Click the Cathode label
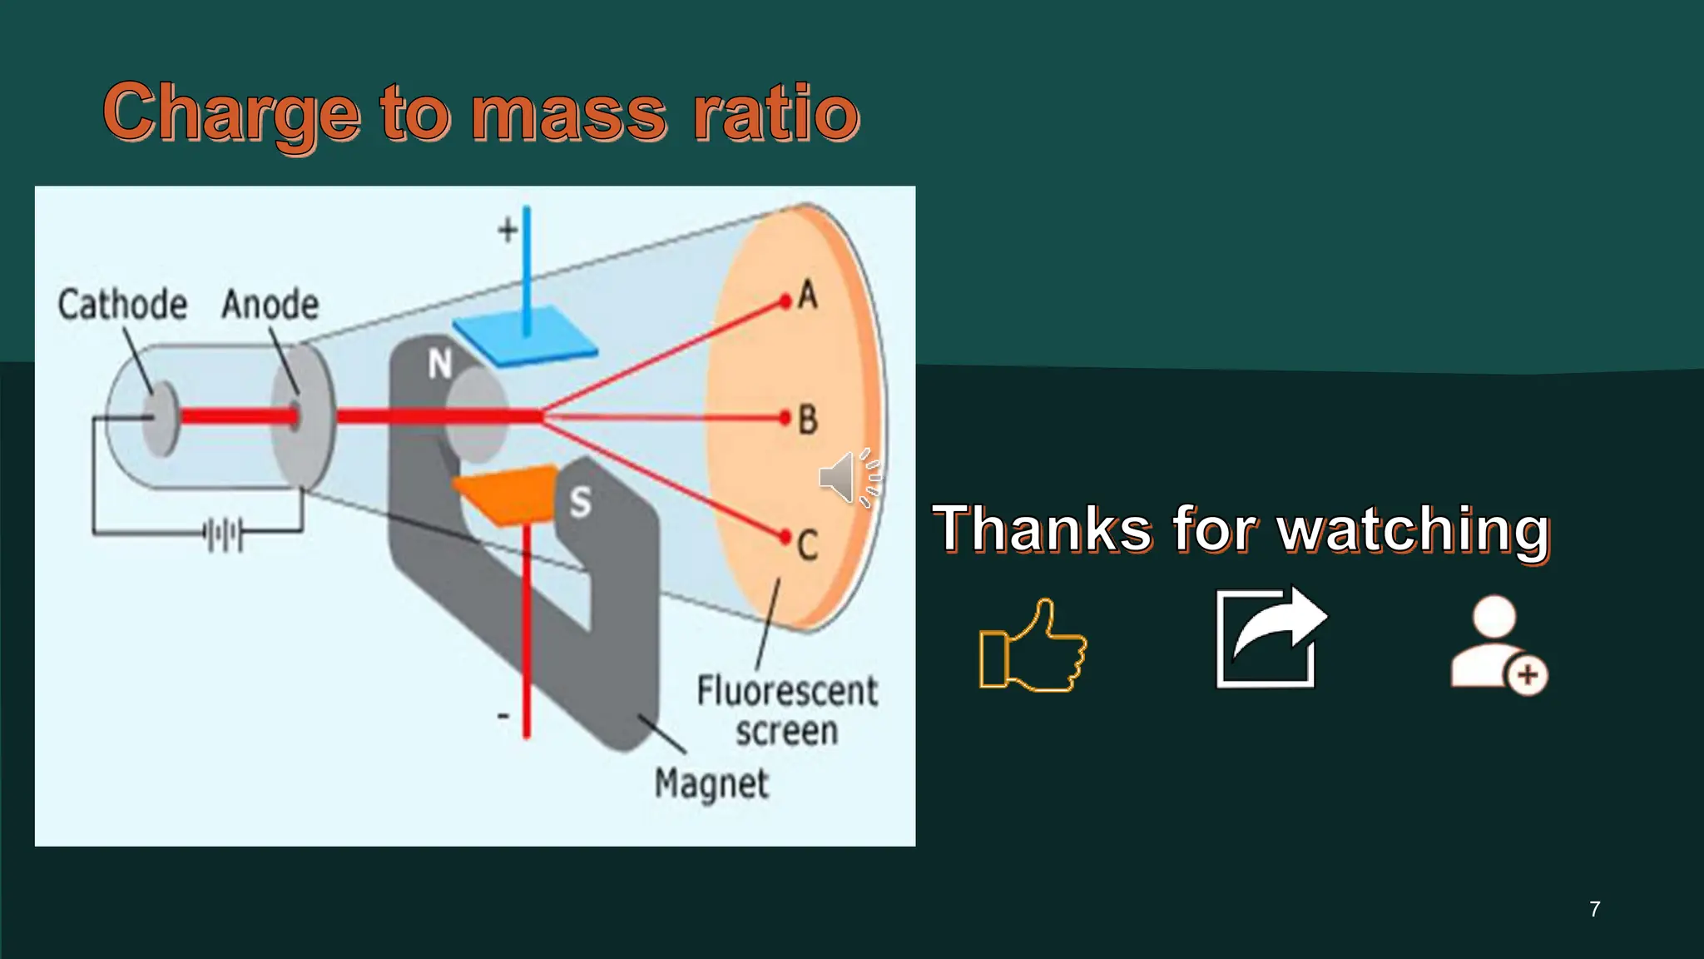coord(122,305)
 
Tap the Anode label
coord(270,305)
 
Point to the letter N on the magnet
coord(440,365)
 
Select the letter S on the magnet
coord(580,502)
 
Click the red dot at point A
coord(785,301)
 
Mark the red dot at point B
coord(784,418)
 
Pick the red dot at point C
coord(784,537)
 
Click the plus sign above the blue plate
coord(508,230)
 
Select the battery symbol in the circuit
coord(224,534)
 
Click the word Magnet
coord(711,783)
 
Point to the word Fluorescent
coord(786,691)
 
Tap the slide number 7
coord(1594,909)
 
